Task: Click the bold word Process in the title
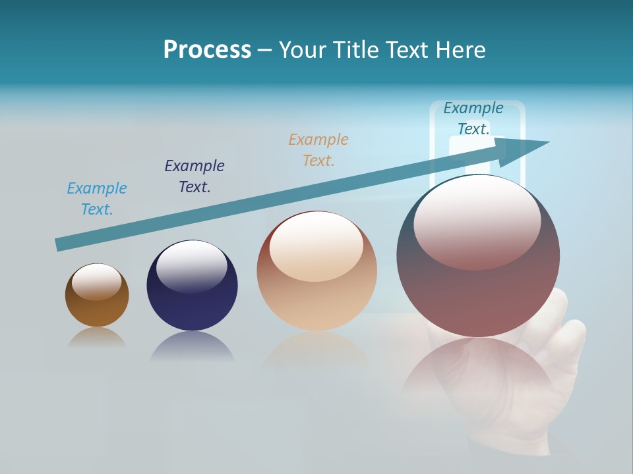click(207, 50)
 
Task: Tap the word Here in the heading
click(460, 50)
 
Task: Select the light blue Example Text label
click(97, 199)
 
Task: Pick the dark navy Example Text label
click(195, 176)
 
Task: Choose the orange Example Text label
click(318, 150)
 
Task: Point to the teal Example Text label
click(473, 118)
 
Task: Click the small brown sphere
click(97, 309)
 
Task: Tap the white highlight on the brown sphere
click(96, 282)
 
